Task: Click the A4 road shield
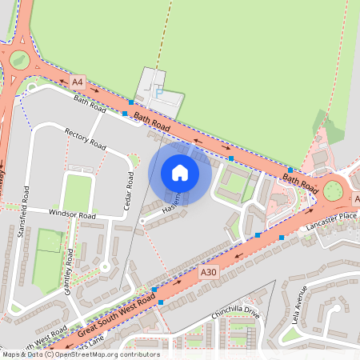(x=78, y=82)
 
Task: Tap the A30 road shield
(x=208, y=273)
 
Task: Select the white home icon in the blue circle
(x=180, y=173)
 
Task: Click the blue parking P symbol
(x=158, y=93)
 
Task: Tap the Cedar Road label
(x=130, y=190)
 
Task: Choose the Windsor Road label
(x=72, y=215)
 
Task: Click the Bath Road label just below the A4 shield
(x=90, y=101)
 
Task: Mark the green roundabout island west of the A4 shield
(x=17, y=58)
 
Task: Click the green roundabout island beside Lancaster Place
(x=333, y=190)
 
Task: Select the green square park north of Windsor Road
(x=78, y=192)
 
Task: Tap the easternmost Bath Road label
(x=300, y=182)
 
